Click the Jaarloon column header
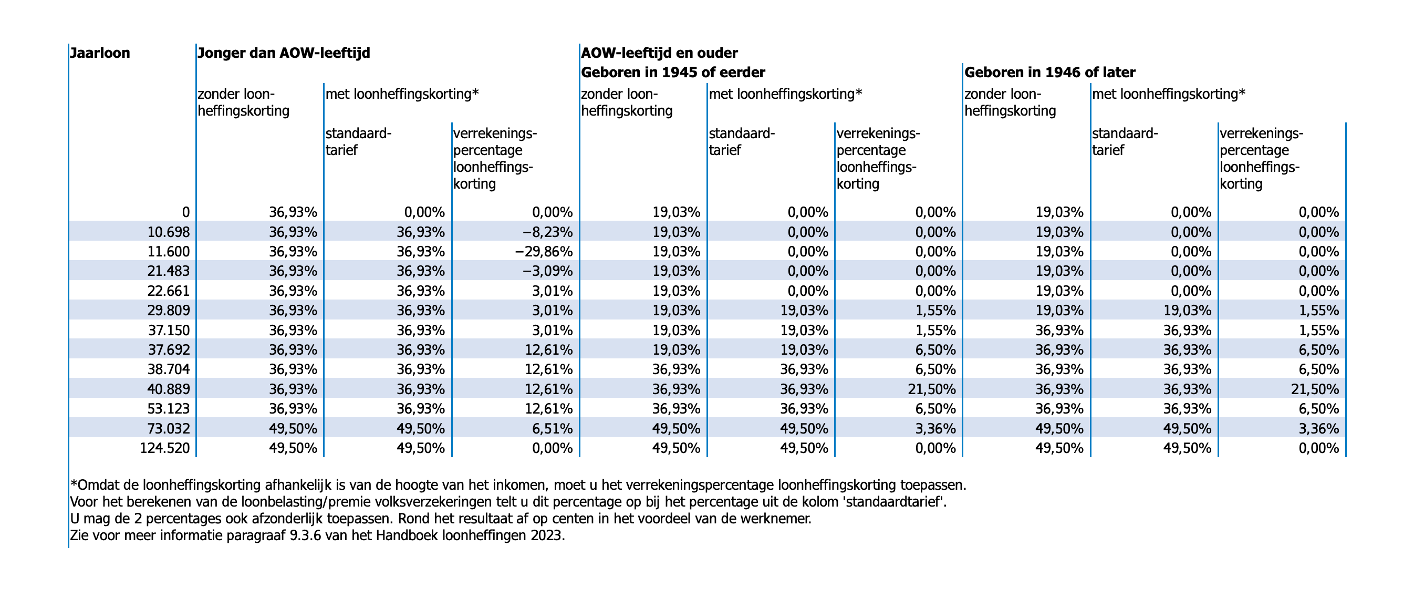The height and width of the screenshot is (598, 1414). click(100, 53)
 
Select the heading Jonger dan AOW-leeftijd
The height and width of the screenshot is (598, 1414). click(284, 53)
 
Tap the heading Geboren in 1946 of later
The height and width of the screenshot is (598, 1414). click(1049, 73)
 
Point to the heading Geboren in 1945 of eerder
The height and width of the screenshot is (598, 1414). click(673, 73)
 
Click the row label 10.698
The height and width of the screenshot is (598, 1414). click(169, 232)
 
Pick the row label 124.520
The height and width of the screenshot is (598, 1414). click(165, 449)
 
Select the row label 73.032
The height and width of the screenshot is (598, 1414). click(169, 429)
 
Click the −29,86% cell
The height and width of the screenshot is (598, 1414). click(544, 252)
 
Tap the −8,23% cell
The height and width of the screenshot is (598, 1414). click(548, 232)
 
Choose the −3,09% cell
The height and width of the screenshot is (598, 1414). click(548, 271)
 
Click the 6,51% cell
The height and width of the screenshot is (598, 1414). click(552, 429)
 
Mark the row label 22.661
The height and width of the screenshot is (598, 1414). click(169, 291)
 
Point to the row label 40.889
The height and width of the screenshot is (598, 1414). click(169, 389)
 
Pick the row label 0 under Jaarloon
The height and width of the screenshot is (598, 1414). click(186, 212)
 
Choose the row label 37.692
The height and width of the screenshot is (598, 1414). click(169, 350)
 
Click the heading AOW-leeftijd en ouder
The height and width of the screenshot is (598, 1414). click(660, 53)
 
